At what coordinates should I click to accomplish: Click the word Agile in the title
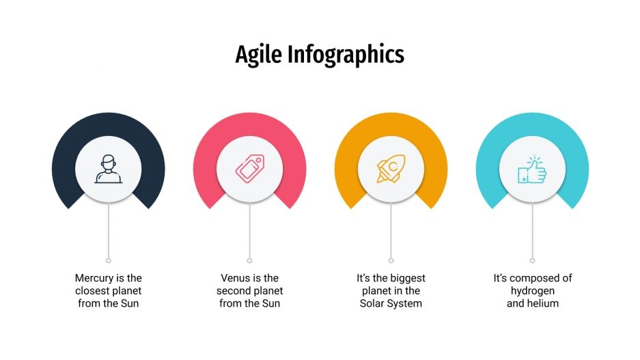[257, 55]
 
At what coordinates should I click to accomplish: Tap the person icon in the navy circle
[109, 169]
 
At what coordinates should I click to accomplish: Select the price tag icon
[249, 169]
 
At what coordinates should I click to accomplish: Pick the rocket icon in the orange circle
[391, 169]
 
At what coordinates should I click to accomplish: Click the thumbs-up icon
[532, 169]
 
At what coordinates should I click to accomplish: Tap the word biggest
[407, 278]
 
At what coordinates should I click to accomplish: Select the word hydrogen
[533, 290]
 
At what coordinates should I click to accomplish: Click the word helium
[544, 303]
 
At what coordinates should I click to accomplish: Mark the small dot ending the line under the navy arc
[109, 260]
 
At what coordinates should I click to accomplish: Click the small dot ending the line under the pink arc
[249, 260]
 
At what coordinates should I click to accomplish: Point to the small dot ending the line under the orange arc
[391, 260]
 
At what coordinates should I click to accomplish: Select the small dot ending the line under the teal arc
[532, 260]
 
